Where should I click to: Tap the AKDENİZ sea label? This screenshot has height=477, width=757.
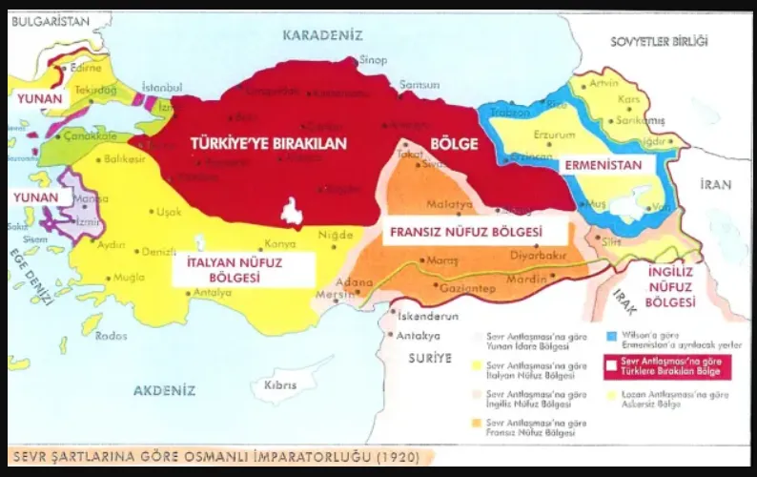pyautogui.click(x=164, y=390)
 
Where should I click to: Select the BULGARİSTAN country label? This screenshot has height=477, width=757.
pyautogui.click(x=49, y=19)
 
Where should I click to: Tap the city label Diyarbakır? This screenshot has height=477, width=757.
pyautogui.click(x=539, y=256)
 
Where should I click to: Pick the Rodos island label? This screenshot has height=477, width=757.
pyautogui.click(x=112, y=335)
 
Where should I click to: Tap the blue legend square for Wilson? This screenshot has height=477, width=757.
pyautogui.click(x=610, y=336)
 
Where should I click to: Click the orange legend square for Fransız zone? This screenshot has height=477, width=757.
pyautogui.click(x=477, y=421)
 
